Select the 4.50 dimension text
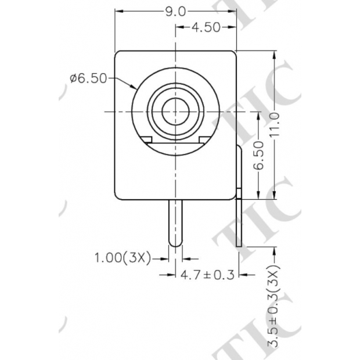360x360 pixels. pos(203,28)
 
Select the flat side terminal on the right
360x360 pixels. pos(240,197)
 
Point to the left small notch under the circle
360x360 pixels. pos(147,139)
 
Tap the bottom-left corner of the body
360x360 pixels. pos(116,197)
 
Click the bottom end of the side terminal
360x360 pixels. pos(240,246)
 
